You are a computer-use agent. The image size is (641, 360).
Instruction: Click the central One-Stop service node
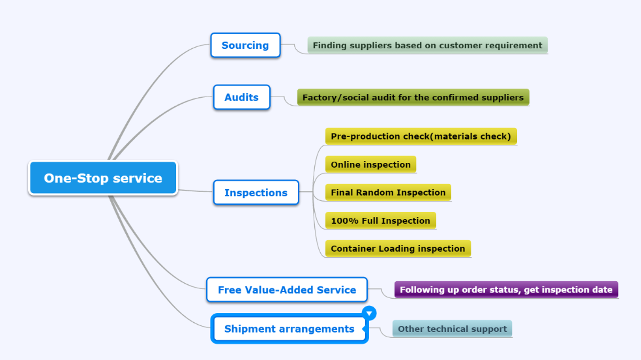coord(103,178)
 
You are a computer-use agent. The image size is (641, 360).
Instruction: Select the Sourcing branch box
coord(245,45)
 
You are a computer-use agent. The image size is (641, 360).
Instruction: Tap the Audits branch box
coord(242,97)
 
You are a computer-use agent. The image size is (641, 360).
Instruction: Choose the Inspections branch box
coord(256,192)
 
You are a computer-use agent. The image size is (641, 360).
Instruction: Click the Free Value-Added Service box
coord(286,290)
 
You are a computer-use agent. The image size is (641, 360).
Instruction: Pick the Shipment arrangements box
coord(290,329)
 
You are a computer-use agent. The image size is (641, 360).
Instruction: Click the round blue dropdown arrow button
coord(369,314)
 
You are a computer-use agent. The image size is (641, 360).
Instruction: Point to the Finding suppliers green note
coord(428,46)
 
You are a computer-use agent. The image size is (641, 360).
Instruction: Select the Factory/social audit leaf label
coord(413,97)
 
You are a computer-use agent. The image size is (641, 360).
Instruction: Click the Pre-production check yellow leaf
coord(421,136)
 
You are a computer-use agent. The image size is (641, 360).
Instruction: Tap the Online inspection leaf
coord(371,164)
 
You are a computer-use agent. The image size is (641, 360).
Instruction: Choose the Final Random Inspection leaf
coord(389,192)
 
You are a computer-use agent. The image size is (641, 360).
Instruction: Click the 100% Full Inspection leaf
coord(381,220)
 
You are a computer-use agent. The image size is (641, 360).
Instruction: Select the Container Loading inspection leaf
coord(398,248)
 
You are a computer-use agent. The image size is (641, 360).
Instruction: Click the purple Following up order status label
coord(506,290)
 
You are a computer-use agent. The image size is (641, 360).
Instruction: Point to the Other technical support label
coord(452,329)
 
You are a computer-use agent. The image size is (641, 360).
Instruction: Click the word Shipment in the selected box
coord(250,329)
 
